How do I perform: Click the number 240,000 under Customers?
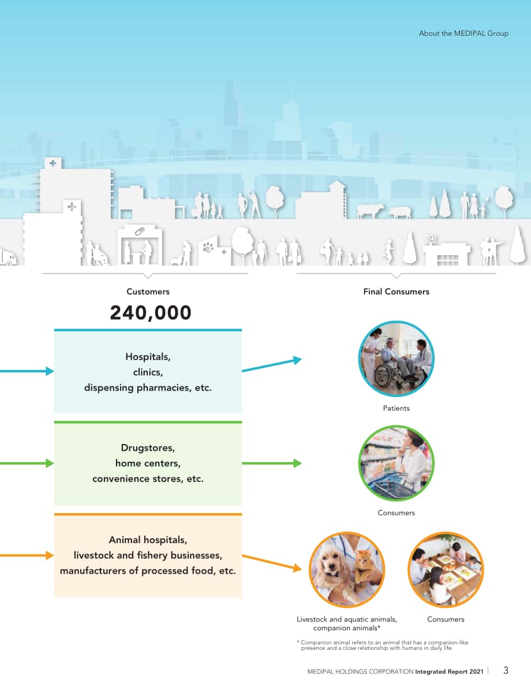point(151,312)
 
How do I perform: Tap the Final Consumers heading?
point(397,291)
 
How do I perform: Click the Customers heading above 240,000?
point(148,291)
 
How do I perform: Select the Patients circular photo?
point(397,359)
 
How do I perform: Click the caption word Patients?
point(397,408)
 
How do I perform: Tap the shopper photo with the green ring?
point(397,463)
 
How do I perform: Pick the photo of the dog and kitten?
point(347,569)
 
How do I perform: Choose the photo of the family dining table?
point(446,569)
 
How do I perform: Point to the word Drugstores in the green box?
point(148,447)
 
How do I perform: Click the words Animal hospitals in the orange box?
point(148,540)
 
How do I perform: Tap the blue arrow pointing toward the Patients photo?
point(272,365)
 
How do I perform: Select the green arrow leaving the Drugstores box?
point(272,463)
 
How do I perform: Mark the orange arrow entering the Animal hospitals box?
point(27,555)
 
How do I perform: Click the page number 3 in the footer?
point(506,671)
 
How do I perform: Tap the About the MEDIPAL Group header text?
point(463,33)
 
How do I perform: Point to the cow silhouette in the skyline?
point(370,211)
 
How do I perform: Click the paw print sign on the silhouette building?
point(208,248)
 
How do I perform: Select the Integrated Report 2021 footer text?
point(450,671)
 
